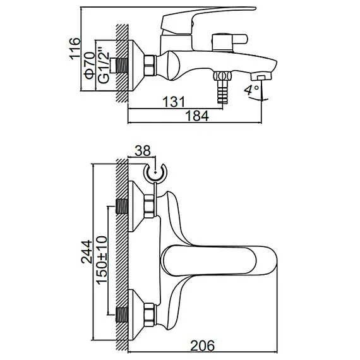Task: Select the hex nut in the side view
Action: point(151,64)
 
